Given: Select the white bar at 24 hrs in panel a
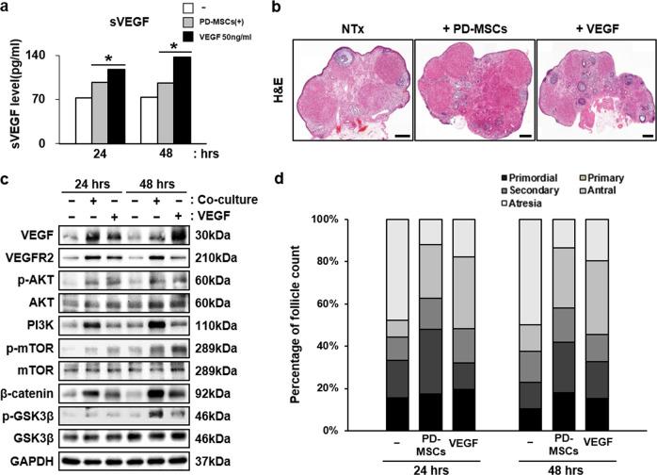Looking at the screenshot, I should tap(83, 120).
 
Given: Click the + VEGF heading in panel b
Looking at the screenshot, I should tap(597, 20).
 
